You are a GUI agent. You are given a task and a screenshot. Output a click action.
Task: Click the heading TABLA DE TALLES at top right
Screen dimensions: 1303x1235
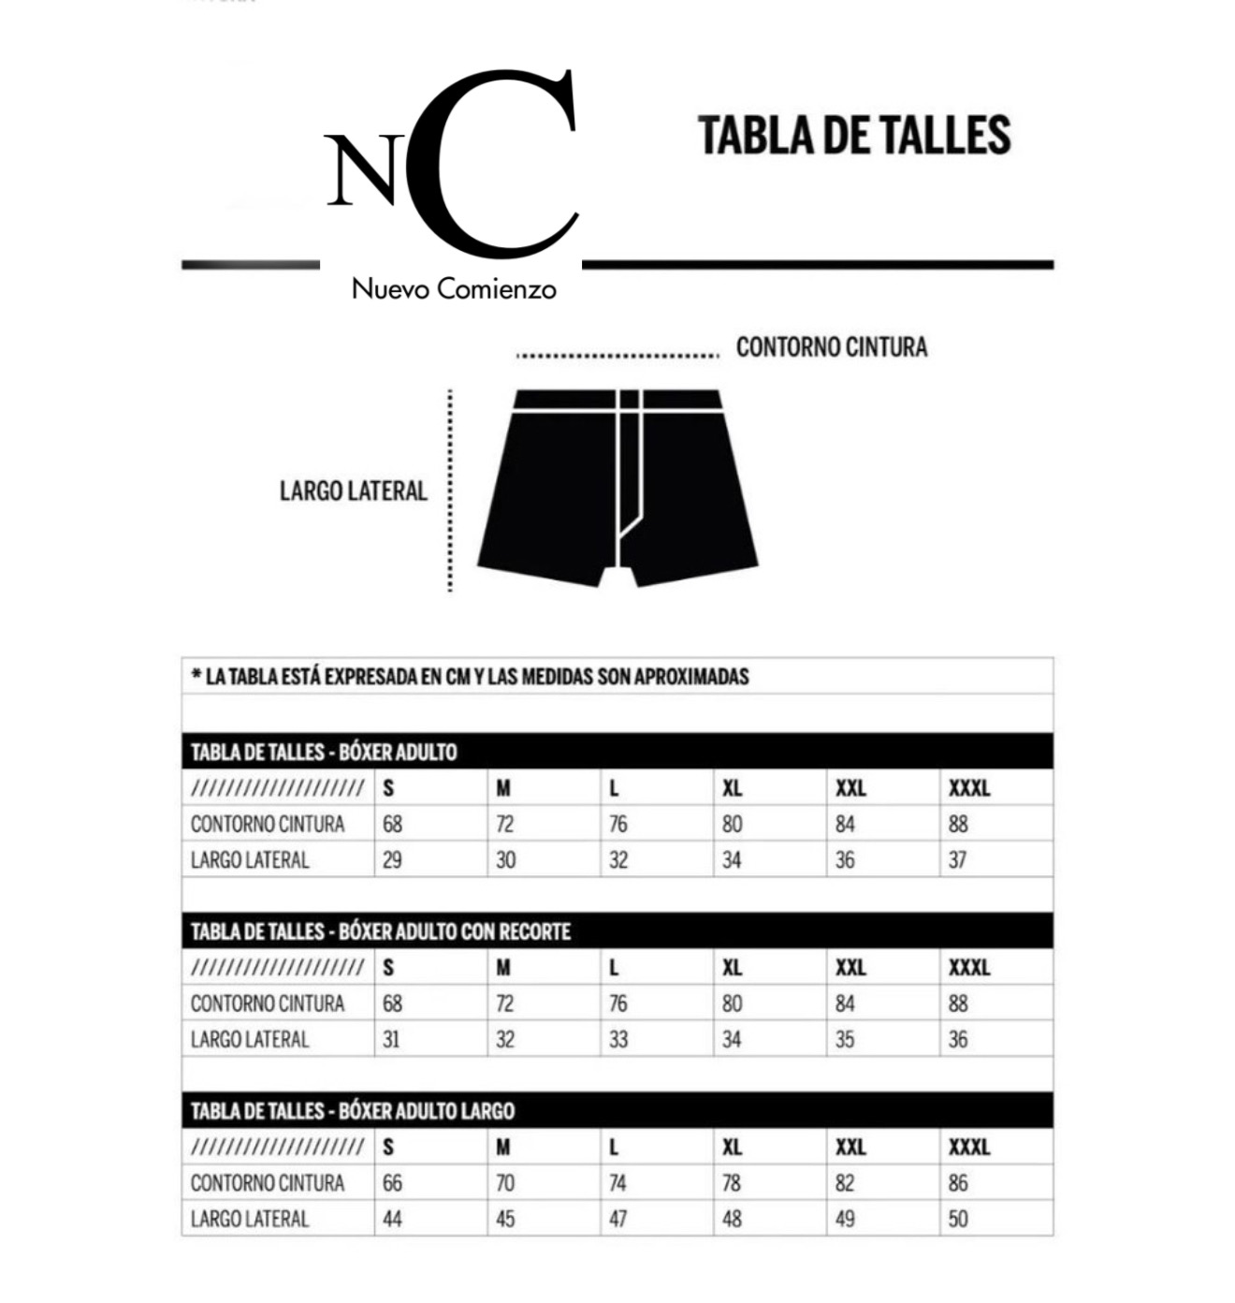click(x=854, y=135)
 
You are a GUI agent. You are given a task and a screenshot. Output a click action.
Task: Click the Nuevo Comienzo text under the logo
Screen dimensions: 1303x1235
click(x=454, y=288)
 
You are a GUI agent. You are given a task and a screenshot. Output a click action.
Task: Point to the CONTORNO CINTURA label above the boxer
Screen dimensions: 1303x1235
click(x=831, y=347)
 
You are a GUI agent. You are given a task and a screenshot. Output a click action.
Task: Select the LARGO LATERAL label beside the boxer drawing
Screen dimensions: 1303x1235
click(x=353, y=491)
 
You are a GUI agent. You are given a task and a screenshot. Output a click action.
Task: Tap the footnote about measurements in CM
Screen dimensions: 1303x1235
click(x=471, y=676)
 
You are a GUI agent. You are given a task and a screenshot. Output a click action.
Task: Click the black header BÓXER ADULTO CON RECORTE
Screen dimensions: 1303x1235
click(x=381, y=931)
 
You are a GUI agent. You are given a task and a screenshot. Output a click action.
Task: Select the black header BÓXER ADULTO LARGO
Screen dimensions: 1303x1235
click(x=353, y=1111)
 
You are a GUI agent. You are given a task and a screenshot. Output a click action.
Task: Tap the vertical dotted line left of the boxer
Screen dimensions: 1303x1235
click(x=450, y=491)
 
